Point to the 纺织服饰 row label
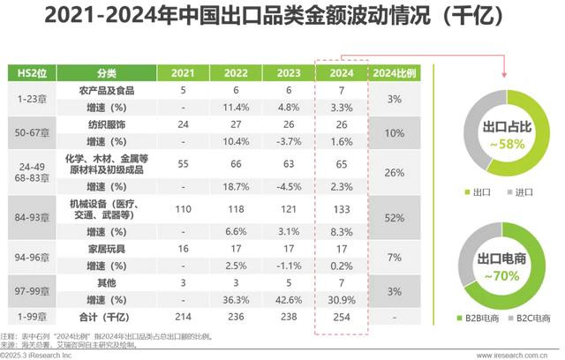point(104,124)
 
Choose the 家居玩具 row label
point(104,251)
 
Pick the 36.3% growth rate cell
point(235,301)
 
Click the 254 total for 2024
point(340,317)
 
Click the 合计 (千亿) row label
point(104,317)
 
